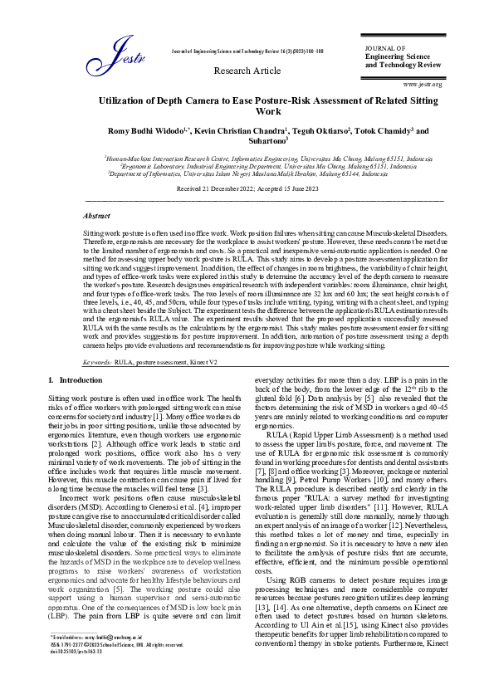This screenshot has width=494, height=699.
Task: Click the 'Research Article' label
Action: pos(247,71)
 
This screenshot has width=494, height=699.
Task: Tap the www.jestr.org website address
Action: pos(422,85)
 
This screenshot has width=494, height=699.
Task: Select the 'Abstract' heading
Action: pos(97,214)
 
